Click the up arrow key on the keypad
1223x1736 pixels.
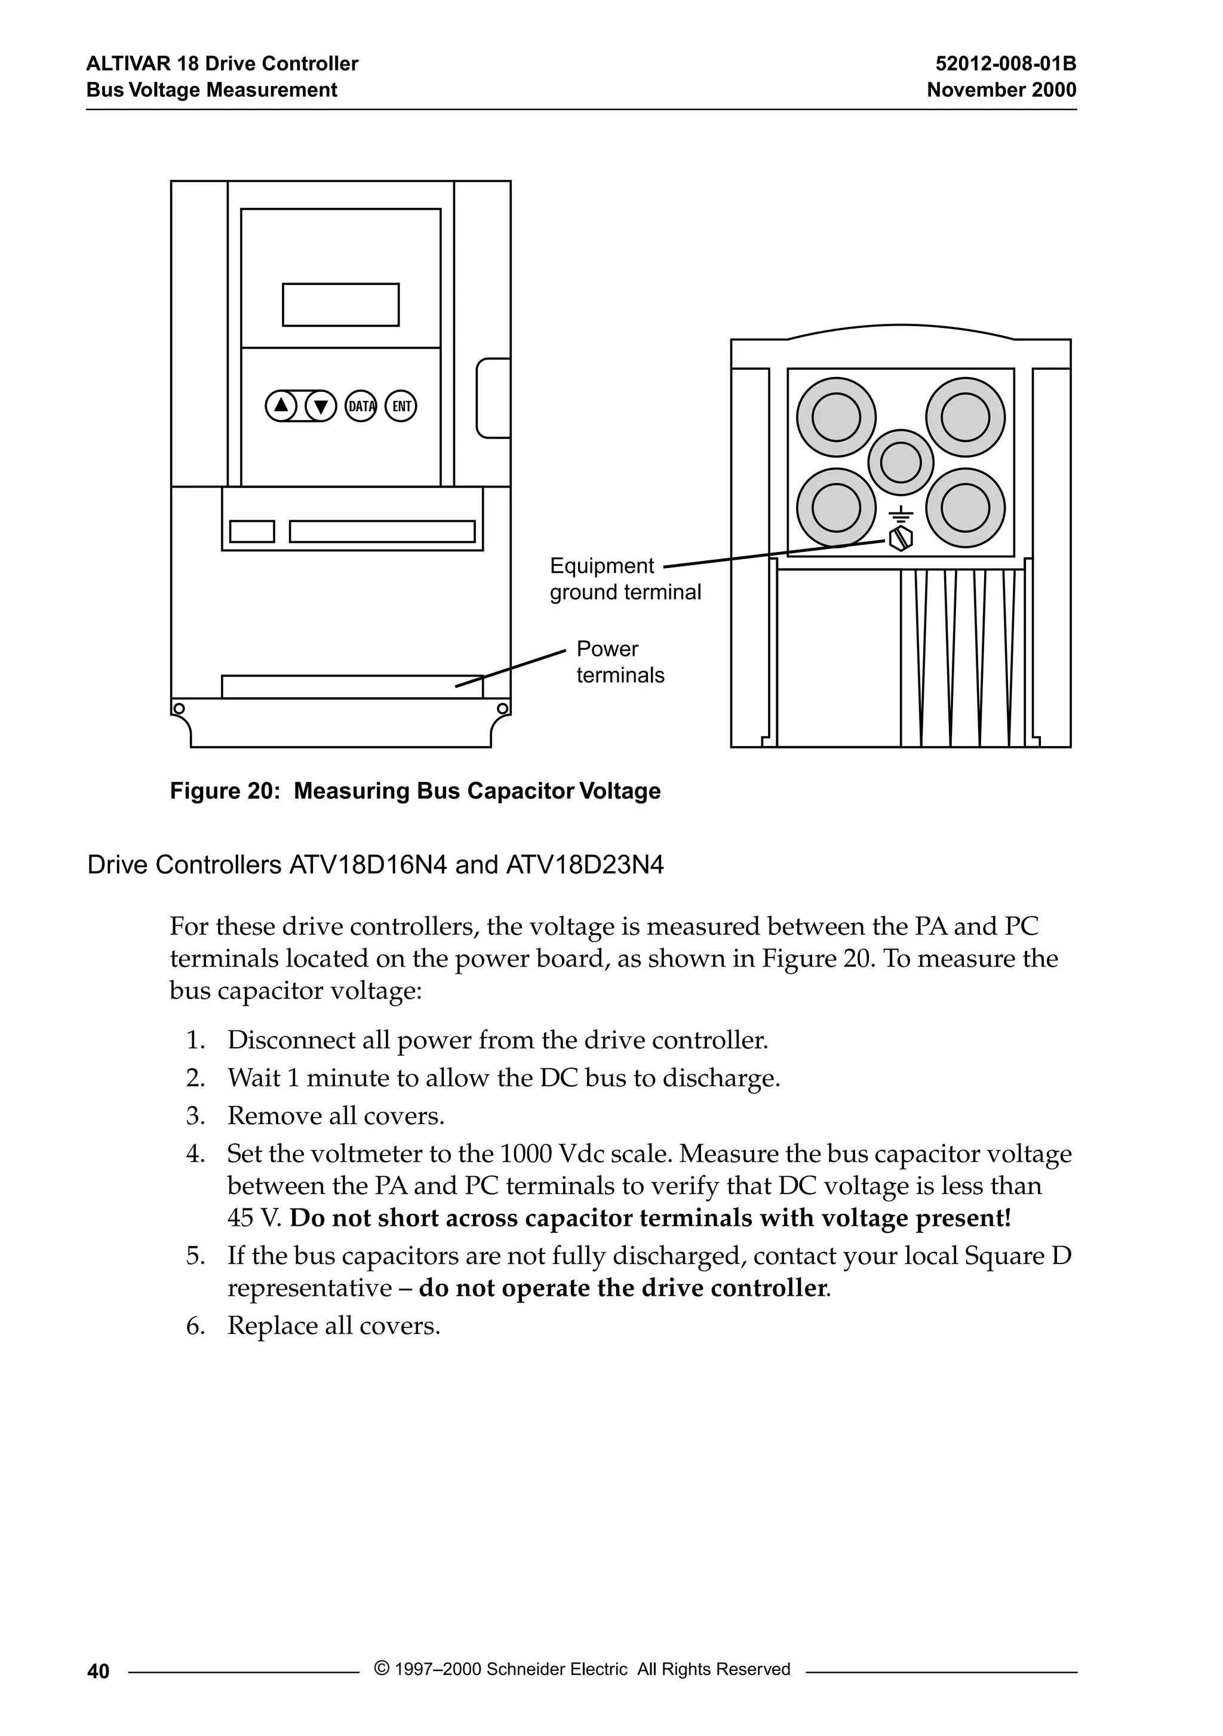(281, 406)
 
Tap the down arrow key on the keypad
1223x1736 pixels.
(321, 406)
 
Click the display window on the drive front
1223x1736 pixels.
(340, 305)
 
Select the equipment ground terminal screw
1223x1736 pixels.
(901, 538)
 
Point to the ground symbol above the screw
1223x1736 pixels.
(901, 515)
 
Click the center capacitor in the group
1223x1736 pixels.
(901, 461)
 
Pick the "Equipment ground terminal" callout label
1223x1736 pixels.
(625, 579)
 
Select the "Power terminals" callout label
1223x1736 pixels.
(620, 662)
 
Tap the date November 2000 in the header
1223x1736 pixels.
(1001, 90)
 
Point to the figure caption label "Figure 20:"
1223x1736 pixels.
(225, 791)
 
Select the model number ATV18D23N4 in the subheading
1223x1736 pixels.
(584, 865)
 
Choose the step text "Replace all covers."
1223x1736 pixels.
(333, 1326)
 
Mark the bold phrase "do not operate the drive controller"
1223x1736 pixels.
(623, 1287)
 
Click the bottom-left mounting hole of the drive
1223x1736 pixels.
(179, 708)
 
